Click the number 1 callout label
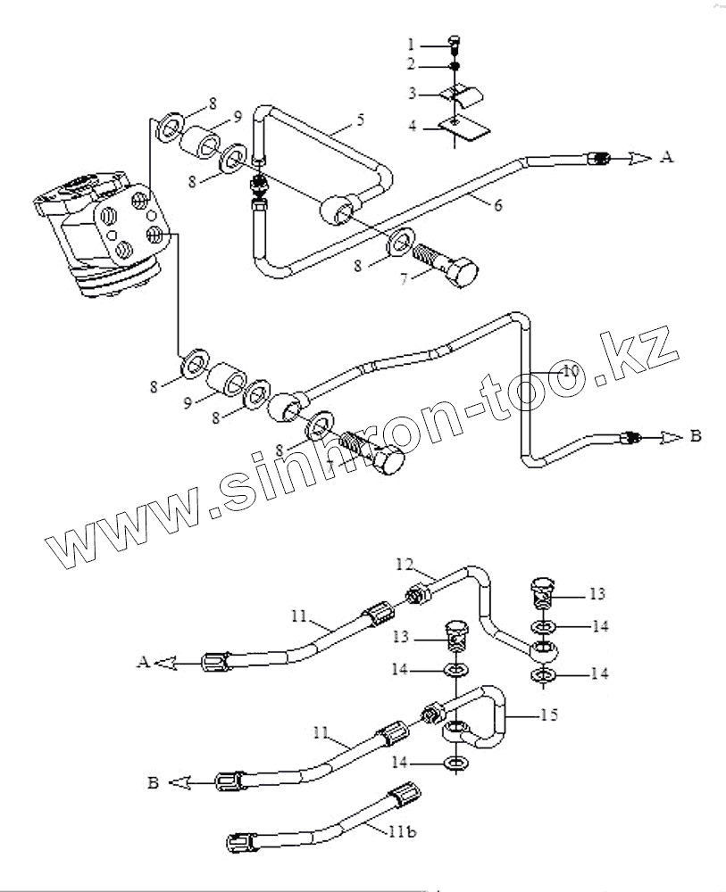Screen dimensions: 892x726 412,43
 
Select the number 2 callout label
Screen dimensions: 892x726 412,64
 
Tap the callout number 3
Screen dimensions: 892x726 412,93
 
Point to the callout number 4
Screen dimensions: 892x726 412,126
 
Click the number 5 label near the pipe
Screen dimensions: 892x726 360,119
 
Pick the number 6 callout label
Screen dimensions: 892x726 497,205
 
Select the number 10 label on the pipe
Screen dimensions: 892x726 569,368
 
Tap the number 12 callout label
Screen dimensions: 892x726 405,565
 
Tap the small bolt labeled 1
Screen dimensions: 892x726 455,40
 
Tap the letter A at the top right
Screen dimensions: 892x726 666,157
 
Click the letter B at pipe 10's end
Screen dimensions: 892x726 696,436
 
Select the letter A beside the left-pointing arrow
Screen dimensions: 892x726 142,662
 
